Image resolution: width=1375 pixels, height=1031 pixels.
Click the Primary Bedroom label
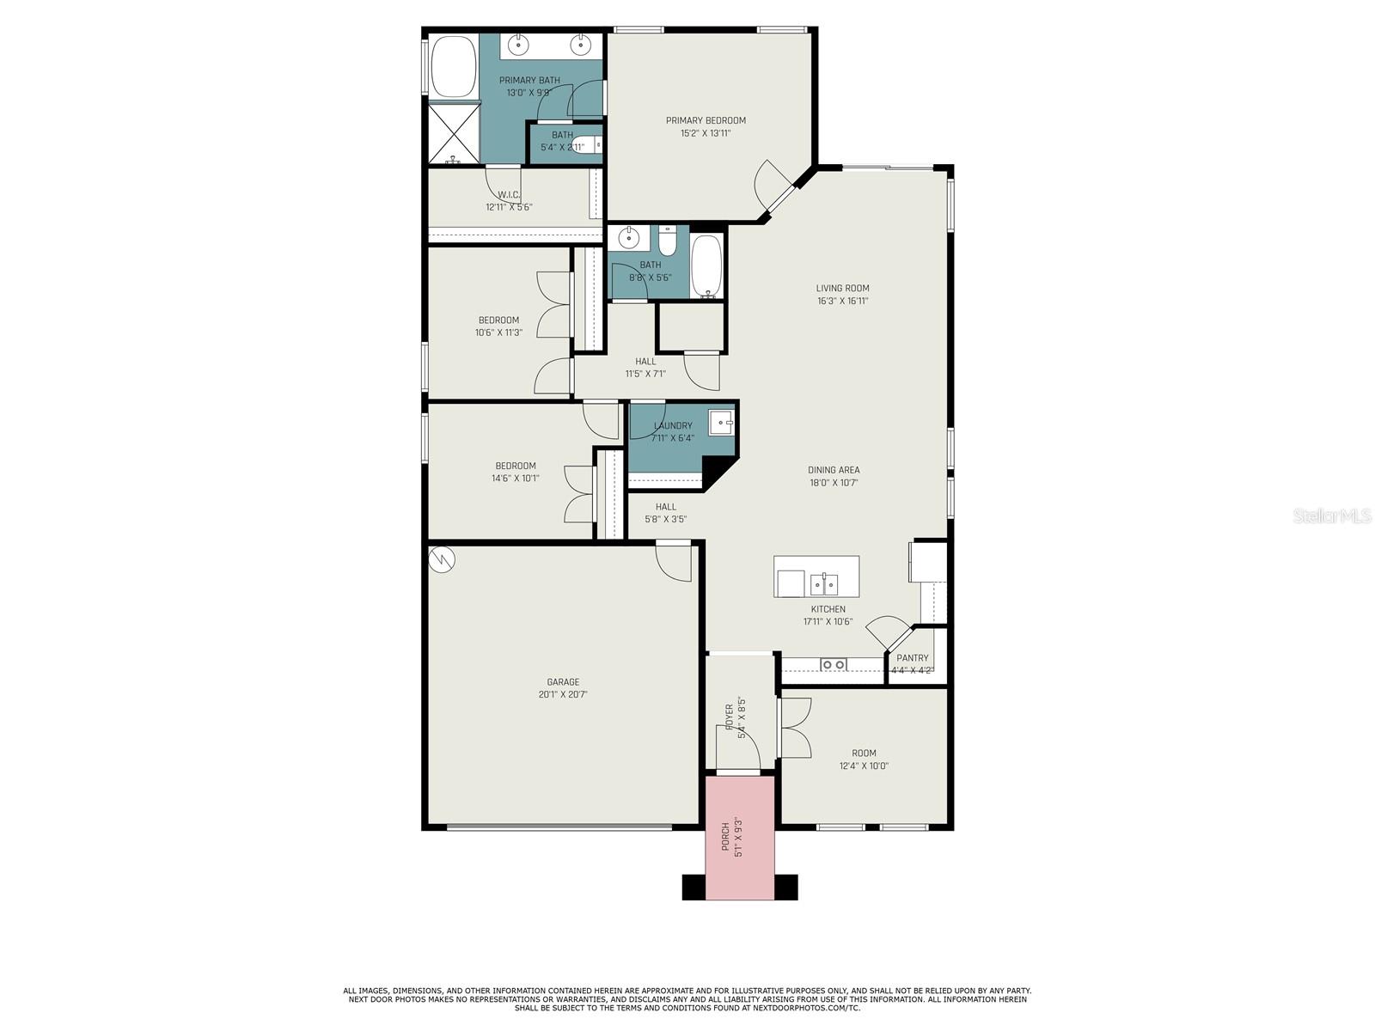[x=706, y=120]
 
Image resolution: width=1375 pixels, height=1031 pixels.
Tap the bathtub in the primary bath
[x=453, y=66]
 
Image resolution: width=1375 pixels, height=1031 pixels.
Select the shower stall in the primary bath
[x=454, y=133]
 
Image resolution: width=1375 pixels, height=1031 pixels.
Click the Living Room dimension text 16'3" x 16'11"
[x=842, y=301]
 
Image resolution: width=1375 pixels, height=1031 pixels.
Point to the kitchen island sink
[x=824, y=585]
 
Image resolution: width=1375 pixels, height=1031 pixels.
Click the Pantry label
[x=912, y=658]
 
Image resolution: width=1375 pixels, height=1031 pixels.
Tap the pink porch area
[x=740, y=838]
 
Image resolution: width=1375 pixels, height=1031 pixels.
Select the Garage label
[x=563, y=682]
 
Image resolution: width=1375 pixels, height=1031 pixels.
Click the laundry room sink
[x=721, y=423]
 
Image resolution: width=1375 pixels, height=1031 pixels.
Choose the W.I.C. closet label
[x=509, y=195]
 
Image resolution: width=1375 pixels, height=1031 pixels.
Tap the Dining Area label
[x=834, y=470]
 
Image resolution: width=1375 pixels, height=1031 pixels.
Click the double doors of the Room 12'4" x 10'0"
[x=794, y=728]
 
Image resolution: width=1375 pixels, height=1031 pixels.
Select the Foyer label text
[x=729, y=717]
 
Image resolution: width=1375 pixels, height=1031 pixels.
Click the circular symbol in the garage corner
[x=442, y=559]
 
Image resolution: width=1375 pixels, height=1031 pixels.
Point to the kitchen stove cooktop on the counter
[x=833, y=664]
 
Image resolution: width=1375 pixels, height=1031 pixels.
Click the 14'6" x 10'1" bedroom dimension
[x=515, y=479]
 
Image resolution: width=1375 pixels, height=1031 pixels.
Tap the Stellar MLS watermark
[x=1331, y=515]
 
